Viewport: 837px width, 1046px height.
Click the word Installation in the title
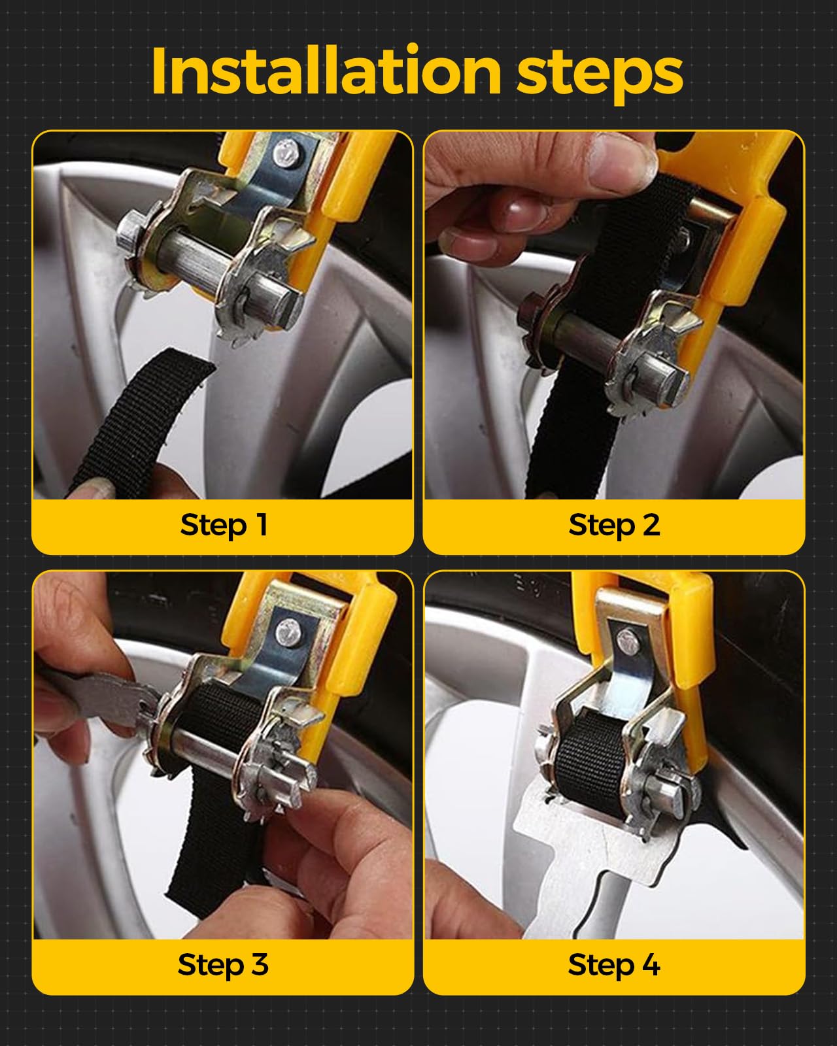[x=326, y=71]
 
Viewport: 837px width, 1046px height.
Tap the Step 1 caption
[x=224, y=526]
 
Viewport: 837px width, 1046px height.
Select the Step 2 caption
[x=614, y=526]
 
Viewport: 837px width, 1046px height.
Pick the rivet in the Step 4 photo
[x=628, y=641]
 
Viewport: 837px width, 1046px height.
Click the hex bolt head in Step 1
[x=130, y=232]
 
